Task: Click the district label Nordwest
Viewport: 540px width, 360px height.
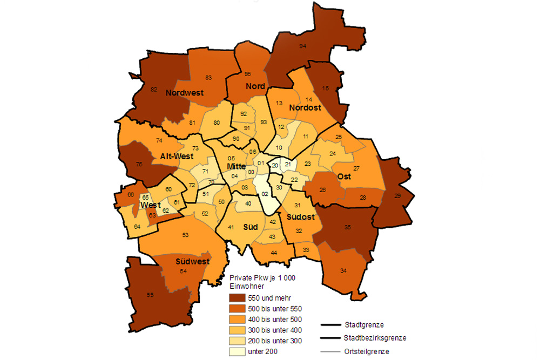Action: click(x=185, y=93)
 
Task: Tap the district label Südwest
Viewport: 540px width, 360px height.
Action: click(x=192, y=261)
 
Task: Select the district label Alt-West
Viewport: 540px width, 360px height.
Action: click(x=177, y=157)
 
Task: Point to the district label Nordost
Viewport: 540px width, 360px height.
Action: click(x=305, y=108)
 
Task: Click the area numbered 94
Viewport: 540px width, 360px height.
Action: click(x=302, y=46)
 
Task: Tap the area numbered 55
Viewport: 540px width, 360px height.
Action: click(x=150, y=295)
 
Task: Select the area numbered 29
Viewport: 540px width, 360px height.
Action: click(x=397, y=196)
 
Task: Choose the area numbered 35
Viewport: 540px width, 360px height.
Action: click(x=348, y=228)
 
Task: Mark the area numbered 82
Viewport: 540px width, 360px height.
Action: click(x=154, y=89)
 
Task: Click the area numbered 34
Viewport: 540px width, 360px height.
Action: click(x=343, y=270)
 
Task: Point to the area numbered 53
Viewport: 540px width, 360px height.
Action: click(x=185, y=235)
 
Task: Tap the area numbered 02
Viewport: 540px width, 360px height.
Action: click(x=265, y=194)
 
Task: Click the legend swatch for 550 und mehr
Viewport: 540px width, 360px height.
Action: click(x=237, y=298)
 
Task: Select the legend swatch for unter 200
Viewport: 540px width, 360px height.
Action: click(x=237, y=351)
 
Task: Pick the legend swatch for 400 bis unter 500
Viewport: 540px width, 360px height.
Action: click(x=237, y=319)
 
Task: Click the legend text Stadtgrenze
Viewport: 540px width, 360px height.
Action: click(x=364, y=325)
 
